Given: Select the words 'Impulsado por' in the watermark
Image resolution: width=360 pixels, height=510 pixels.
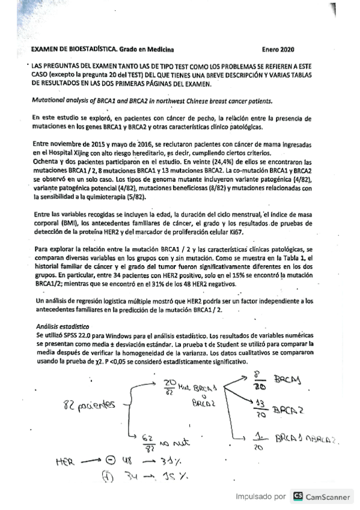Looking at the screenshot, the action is [260, 497].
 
